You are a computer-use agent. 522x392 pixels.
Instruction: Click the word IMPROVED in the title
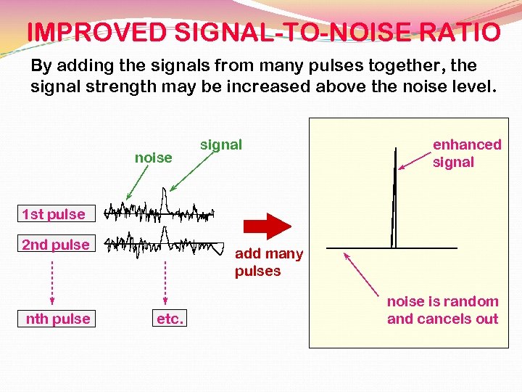[x=96, y=33]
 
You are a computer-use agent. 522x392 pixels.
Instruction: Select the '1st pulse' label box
[x=53, y=214]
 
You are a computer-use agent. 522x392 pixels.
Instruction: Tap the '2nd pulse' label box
[x=56, y=245]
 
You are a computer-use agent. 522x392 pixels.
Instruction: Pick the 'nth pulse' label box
[x=57, y=319]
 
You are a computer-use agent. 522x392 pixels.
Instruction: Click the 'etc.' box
[x=170, y=319]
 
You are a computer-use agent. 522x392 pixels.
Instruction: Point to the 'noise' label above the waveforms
[x=154, y=158]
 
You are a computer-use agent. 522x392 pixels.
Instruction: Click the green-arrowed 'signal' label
[x=221, y=144]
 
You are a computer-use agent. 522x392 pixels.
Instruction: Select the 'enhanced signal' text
[x=466, y=153]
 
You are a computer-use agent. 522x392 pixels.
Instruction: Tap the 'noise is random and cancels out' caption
[x=442, y=310]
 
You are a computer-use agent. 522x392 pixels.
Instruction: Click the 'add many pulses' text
[x=268, y=262]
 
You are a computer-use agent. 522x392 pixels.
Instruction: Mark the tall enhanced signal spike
[x=394, y=196]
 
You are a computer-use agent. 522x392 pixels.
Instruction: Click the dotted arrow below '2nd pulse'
[x=52, y=279]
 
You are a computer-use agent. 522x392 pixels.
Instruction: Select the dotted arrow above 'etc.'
[x=166, y=279]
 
